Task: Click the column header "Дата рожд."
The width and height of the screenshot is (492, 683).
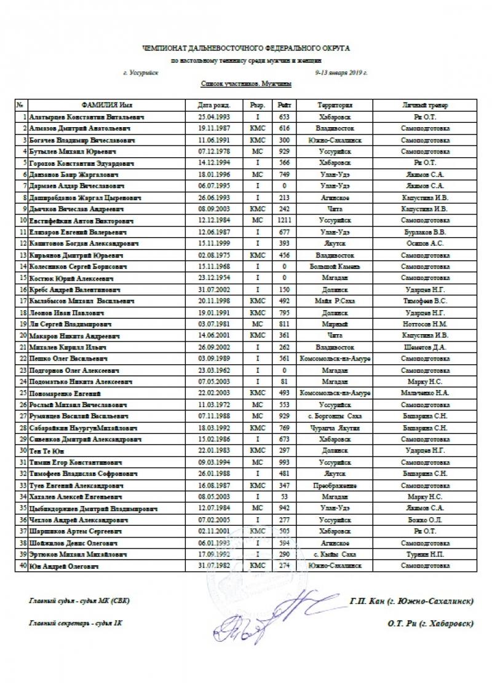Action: (x=215, y=105)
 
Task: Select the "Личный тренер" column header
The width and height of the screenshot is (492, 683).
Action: (x=425, y=105)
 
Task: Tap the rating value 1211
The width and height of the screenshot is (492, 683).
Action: (x=284, y=220)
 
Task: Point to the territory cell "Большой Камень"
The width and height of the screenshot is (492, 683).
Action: (x=335, y=266)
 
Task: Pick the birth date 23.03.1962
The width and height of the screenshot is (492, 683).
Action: (x=215, y=370)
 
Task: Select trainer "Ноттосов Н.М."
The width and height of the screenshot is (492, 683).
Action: (x=425, y=324)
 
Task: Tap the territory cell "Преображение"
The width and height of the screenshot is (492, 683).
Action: (x=335, y=485)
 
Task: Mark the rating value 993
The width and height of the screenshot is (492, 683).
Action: (x=284, y=462)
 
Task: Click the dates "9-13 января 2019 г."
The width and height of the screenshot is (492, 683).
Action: (x=341, y=72)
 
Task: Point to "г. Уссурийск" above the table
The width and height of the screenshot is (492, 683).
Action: (x=140, y=72)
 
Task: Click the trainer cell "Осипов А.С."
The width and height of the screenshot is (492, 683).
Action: (x=425, y=243)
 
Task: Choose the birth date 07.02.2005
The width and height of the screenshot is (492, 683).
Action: (x=215, y=520)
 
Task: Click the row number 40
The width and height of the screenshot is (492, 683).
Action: (x=22, y=566)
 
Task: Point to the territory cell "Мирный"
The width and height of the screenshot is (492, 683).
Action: (x=335, y=324)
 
